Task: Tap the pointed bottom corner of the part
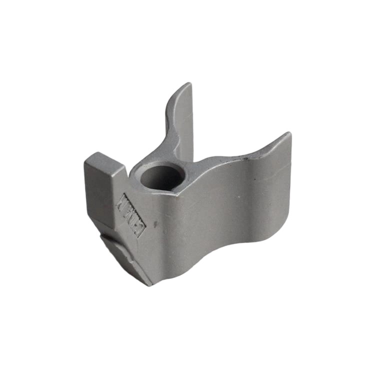tap(149, 284)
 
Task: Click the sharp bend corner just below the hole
tap(176, 193)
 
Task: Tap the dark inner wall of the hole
tap(159, 180)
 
